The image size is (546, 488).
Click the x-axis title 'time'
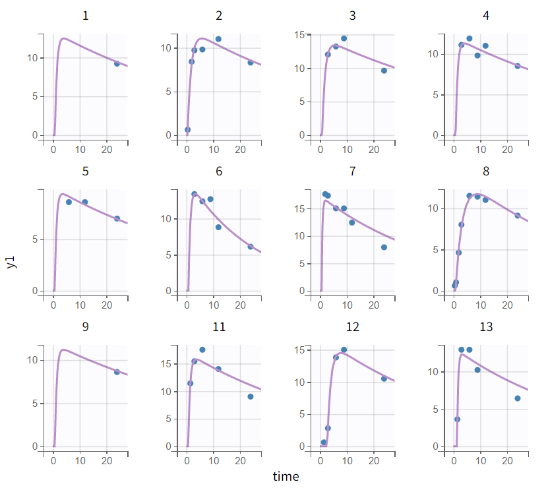[286, 476]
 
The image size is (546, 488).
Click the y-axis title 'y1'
[11, 262]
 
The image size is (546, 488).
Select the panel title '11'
[219, 327]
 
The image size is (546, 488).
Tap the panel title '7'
[352, 171]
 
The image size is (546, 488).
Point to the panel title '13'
[486, 327]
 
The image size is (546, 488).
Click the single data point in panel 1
[117, 64]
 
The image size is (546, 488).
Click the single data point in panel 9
[117, 372]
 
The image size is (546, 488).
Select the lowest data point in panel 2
[187, 130]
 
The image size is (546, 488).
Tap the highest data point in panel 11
[202, 350]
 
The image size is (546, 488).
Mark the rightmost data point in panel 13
[518, 398]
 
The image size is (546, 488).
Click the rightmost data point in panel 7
[384, 247]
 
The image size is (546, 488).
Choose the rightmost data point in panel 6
[251, 247]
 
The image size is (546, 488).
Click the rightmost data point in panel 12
[384, 379]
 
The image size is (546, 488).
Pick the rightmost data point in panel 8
[518, 216]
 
